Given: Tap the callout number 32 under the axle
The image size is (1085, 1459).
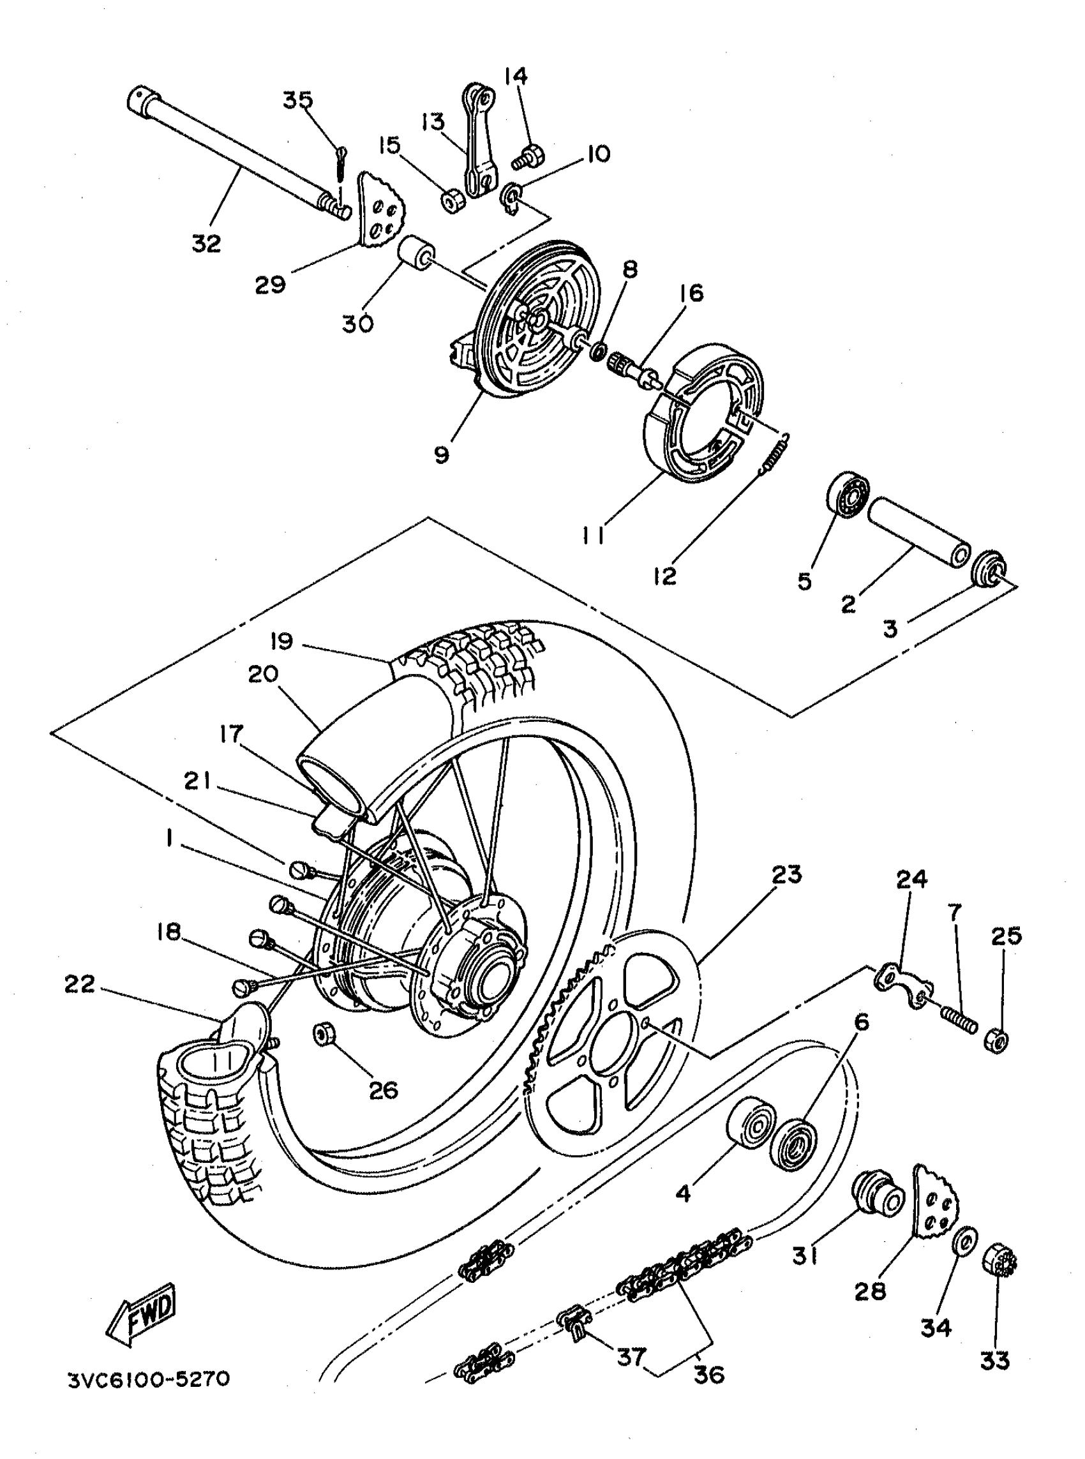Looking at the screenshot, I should click(x=206, y=244).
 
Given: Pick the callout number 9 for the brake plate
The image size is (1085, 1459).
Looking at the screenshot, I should click(x=442, y=454).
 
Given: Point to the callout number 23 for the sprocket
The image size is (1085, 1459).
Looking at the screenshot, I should click(x=787, y=874).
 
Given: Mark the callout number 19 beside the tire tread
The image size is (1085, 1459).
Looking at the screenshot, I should click(x=281, y=641).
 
